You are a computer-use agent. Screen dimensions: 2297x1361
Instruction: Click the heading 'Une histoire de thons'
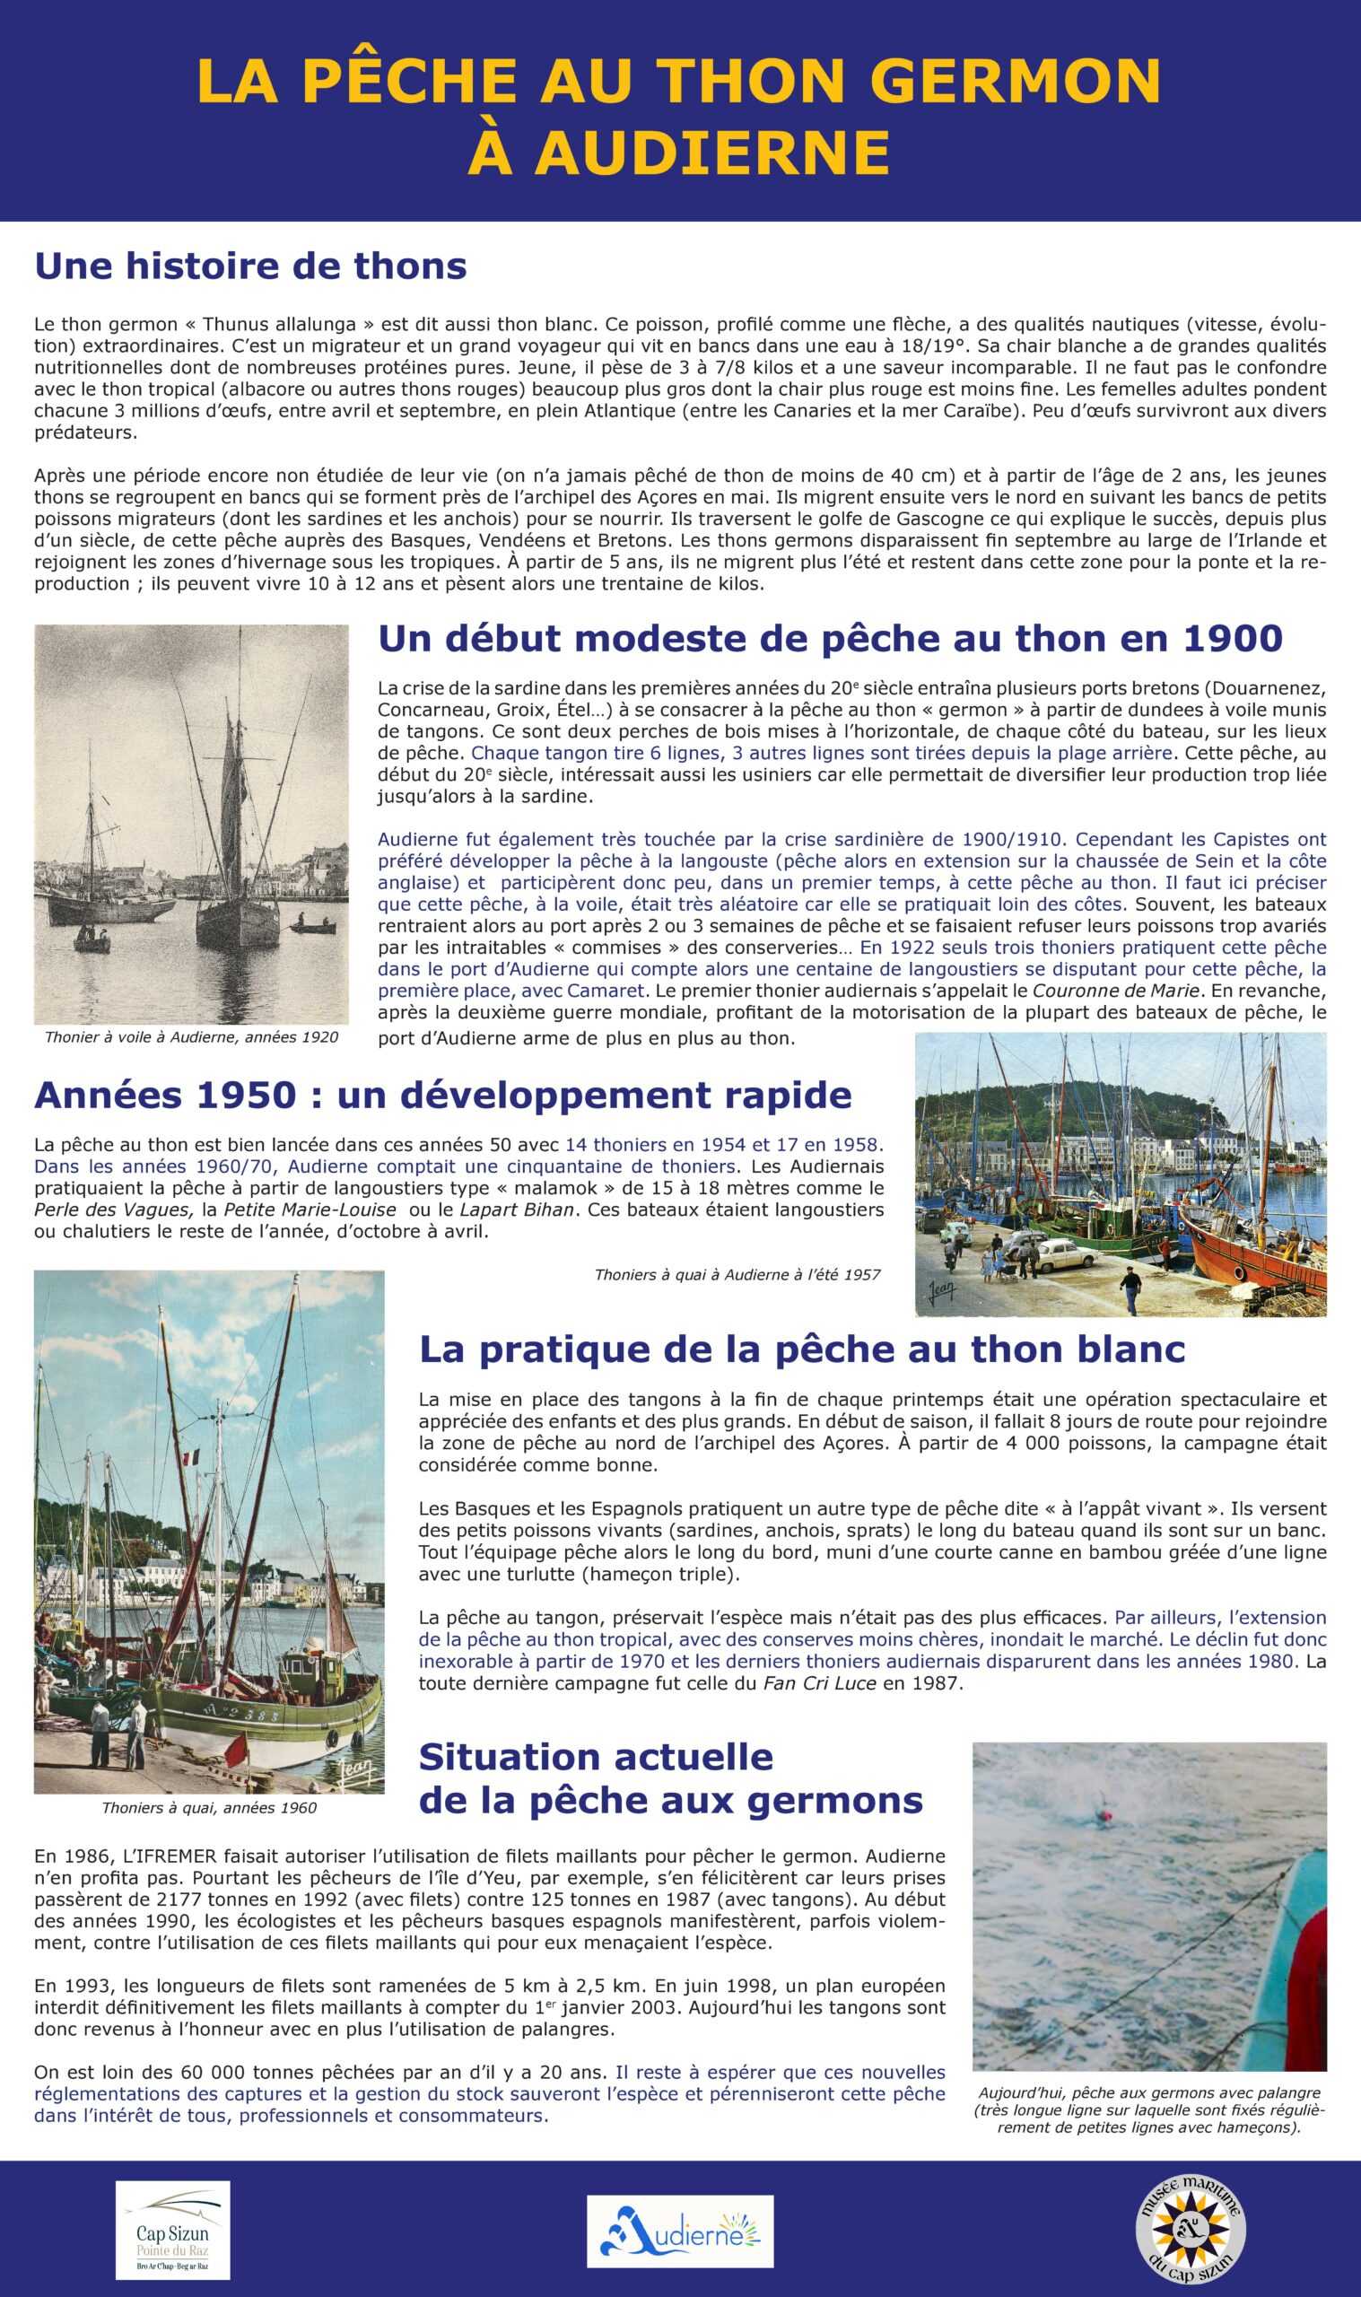coord(250,266)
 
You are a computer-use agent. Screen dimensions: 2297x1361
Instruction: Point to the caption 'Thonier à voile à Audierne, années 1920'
coord(191,1037)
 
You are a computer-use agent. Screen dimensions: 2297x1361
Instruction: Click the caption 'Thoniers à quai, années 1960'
coord(209,1807)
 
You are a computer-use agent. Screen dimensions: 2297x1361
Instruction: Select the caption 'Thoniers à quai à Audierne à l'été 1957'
coord(737,1273)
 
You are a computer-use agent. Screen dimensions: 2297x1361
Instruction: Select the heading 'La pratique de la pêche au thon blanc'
coord(801,1349)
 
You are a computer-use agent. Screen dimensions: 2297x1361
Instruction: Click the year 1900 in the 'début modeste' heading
coord(1232,639)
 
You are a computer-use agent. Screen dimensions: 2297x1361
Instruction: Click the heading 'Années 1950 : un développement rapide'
coord(443,1095)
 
